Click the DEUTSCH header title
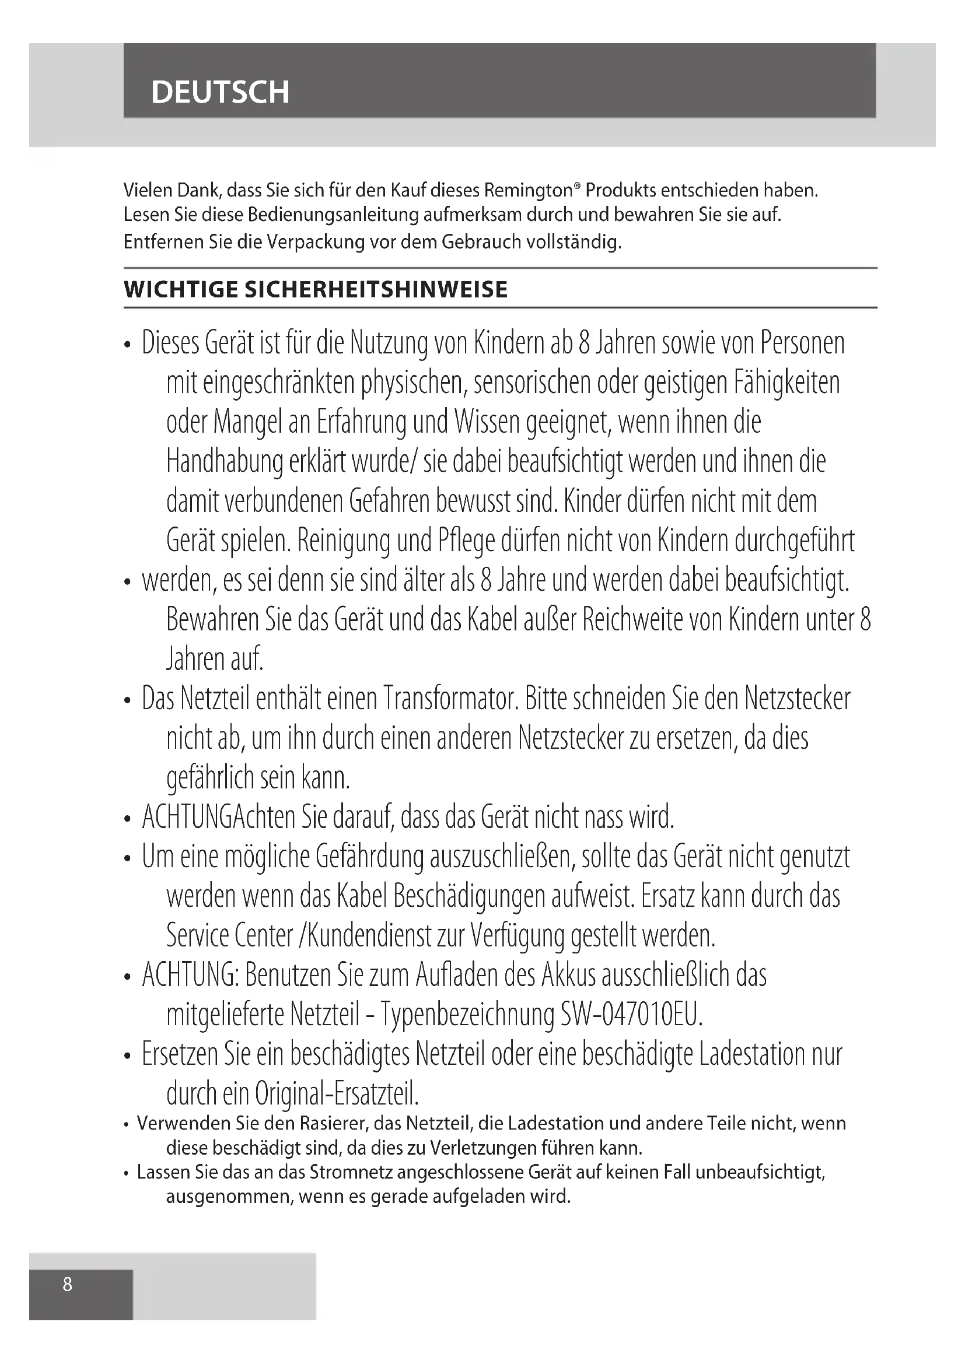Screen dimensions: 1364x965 220,92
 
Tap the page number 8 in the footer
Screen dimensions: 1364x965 68,1284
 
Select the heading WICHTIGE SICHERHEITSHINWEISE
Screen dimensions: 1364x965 316,290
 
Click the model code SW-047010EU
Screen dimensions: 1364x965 632,1015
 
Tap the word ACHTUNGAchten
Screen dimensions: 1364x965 218,818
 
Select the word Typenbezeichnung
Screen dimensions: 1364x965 467,1015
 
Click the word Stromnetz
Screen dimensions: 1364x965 351,1172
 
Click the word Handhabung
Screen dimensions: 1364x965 224,462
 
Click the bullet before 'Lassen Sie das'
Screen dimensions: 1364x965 127,1174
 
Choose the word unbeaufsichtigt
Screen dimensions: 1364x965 760,1172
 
